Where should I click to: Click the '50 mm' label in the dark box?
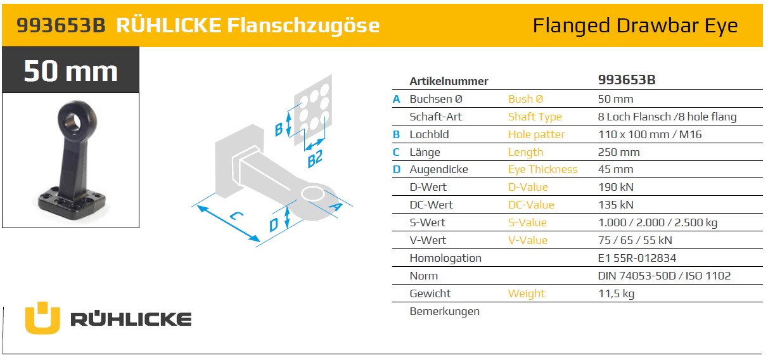(x=70, y=70)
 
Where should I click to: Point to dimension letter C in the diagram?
(x=236, y=216)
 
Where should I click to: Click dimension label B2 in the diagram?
(x=315, y=158)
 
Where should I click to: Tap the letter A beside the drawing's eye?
(x=336, y=205)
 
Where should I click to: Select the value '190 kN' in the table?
(x=615, y=187)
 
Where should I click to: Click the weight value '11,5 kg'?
(x=616, y=293)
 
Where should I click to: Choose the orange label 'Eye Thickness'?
(x=542, y=169)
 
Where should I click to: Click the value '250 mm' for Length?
(x=618, y=152)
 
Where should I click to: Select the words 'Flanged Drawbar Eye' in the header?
(x=635, y=25)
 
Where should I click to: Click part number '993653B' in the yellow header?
(x=60, y=25)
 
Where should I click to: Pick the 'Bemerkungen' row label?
(x=444, y=311)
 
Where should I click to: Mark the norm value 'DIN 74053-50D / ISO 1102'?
(x=664, y=276)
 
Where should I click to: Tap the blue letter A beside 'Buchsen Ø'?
(x=397, y=99)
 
